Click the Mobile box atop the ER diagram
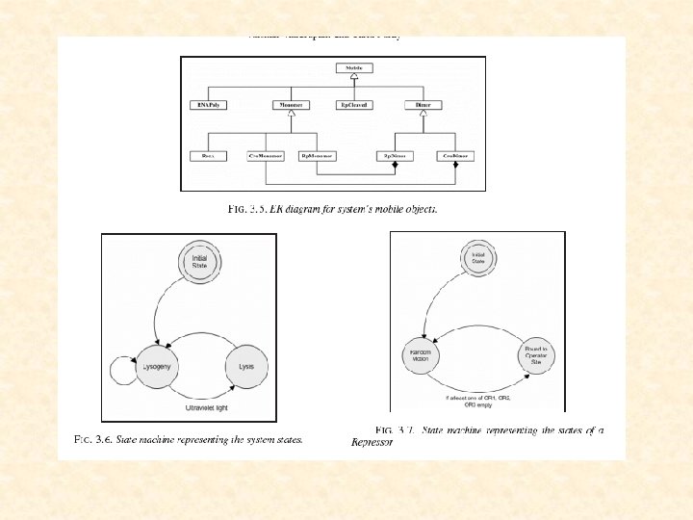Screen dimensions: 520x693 click(353, 68)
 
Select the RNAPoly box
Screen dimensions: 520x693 click(210, 104)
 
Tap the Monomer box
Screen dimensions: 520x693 click(293, 104)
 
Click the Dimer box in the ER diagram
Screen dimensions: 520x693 click(423, 104)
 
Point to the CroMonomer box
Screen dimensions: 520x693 click(268, 154)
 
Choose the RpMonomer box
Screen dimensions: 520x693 click(317, 154)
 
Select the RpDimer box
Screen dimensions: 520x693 click(393, 154)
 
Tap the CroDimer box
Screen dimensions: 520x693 click(453, 154)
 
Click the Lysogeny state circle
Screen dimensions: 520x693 click(157, 367)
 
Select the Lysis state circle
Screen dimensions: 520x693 click(246, 367)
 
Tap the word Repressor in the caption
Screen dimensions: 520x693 click(372, 443)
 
